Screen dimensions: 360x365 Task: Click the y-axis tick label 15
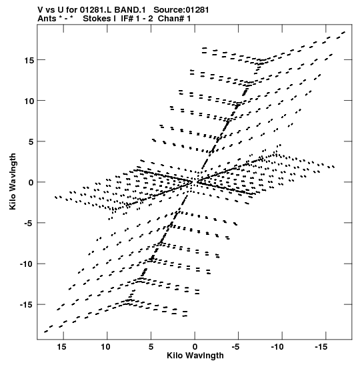29,60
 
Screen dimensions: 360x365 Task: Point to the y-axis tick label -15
27,305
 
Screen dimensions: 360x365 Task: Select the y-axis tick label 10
29,101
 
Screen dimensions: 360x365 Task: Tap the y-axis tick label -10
27,264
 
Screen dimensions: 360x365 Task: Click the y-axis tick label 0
31,183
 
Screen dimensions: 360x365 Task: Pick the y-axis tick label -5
29,224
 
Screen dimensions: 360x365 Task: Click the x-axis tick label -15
321,347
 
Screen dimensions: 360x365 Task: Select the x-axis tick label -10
277,347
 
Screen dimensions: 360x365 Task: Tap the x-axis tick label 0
195,347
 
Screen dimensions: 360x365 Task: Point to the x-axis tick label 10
105,347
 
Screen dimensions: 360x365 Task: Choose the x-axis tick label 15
61,347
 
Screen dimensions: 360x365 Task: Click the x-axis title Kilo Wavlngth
195,356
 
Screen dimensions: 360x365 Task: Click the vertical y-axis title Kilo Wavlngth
13,181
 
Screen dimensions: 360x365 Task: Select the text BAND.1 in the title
130,10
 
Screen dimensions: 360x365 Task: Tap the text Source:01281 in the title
181,10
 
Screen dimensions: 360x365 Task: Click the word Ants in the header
47,19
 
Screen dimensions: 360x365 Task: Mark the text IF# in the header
127,19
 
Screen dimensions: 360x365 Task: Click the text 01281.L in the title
95,10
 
